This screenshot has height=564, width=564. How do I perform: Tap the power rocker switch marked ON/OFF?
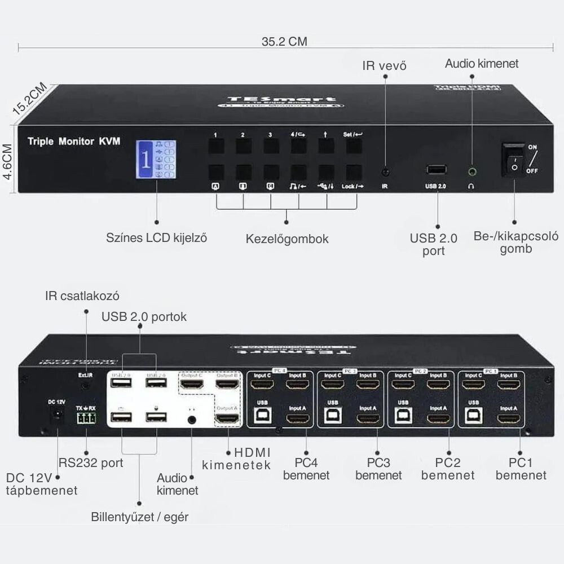(x=513, y=160)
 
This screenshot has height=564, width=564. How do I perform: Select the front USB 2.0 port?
(x=437, y=169)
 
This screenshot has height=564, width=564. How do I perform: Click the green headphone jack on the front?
(x=471, y=170)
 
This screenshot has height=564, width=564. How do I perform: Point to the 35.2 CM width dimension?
(x=284, y=42)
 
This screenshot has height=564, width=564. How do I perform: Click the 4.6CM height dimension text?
(x=7, y=161)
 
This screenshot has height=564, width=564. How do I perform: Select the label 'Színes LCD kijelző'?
(x=157, y=237)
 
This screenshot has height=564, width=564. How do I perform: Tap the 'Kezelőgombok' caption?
(x=287, y=239)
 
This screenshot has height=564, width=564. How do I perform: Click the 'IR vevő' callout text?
(x=384, y=66)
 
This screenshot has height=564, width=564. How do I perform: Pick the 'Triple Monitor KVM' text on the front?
(x=73, y=142)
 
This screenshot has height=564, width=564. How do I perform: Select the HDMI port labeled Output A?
(x=228, y=420)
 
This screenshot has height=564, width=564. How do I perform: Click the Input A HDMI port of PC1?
(x=508, y=420)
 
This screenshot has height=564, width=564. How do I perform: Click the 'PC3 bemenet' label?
(x=378, y=469)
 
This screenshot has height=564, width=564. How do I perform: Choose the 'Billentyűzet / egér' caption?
(x=140, y=517)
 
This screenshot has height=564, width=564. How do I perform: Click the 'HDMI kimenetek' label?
(x=236, y=459)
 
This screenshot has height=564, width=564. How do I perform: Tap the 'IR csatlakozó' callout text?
(x=82, y=296)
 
